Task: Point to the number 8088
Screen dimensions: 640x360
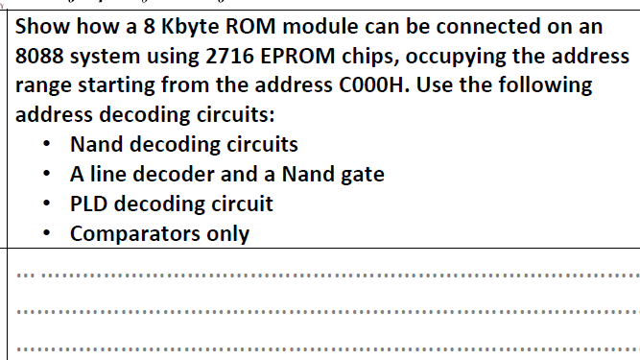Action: [x=43, y=56]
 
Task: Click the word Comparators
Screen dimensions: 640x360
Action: [x=128, y=233]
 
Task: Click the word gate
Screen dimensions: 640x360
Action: [x=362, y=174]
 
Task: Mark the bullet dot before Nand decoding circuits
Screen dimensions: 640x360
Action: [x=47, y=145]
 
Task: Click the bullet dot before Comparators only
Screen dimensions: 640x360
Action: [x=47, y=233]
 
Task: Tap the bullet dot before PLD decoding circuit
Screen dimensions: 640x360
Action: [x=47, y=204]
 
